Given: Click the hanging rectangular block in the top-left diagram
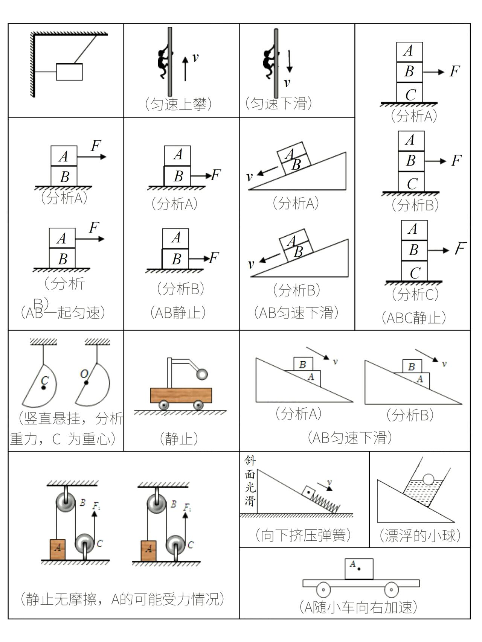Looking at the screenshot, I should click(69, 72).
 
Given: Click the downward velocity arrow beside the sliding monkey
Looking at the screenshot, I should click(289, 61).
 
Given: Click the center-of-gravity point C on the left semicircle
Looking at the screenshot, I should click(44, 387).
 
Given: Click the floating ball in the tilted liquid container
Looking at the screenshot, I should click(428, 479).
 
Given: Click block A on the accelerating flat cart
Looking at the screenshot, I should click(359, 569).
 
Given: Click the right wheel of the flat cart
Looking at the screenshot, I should click(391, 590).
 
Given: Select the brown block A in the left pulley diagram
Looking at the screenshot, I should click(58, 549).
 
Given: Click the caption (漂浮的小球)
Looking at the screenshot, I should click(420, 535).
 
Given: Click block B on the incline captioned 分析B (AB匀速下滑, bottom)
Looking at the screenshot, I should click(411, 366).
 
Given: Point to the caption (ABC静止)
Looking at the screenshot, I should click(413, 318).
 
